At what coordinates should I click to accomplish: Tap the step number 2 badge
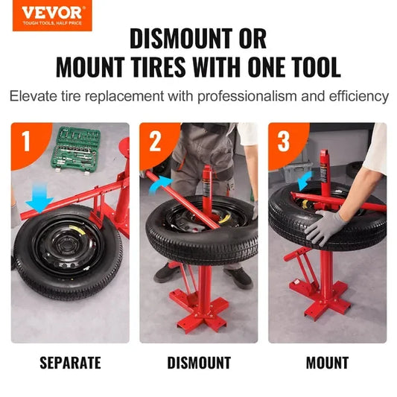(x=155, y=141)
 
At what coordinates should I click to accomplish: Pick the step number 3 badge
(x=283, y=141)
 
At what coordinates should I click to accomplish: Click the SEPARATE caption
(x=69, y=363)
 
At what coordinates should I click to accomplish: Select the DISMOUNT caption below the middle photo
(x=198, y=363)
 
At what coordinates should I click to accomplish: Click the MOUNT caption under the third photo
(x=327, y=363)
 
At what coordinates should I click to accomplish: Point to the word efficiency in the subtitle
(x=357, y=97)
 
